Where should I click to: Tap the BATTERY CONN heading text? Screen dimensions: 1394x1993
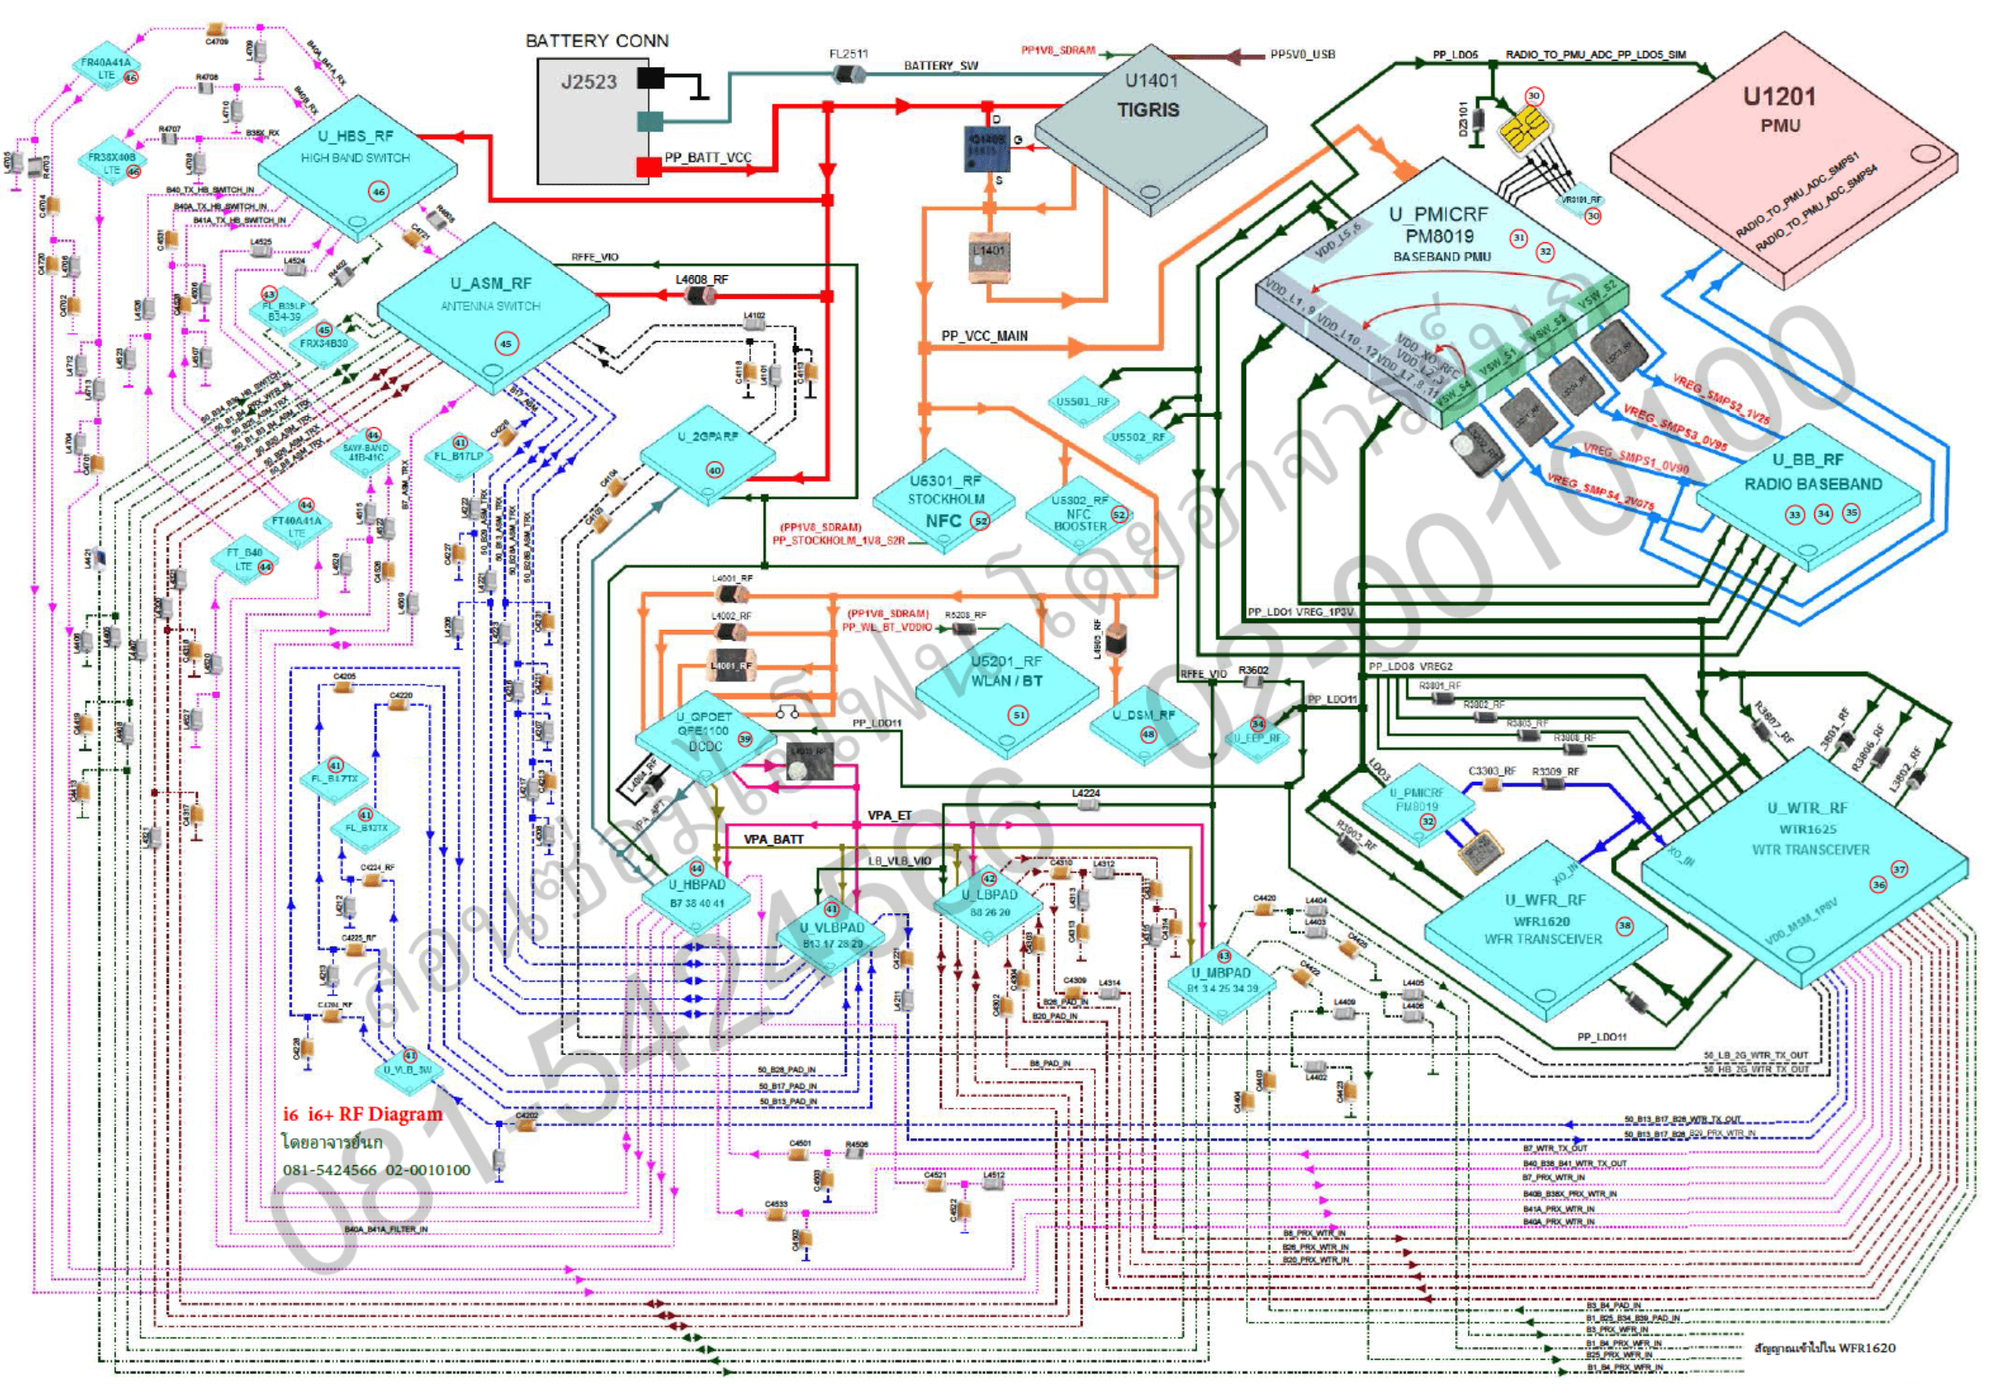click(596, 41)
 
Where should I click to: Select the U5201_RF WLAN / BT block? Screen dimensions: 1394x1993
click(1007, 685)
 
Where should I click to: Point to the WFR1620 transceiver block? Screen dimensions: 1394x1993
click(1545, 933)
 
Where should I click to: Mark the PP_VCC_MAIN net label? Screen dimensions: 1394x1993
click(985, 336)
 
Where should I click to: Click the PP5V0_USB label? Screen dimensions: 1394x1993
click(1302, 55)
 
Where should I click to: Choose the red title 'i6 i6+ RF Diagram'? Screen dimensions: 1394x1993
click(363, 1114)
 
